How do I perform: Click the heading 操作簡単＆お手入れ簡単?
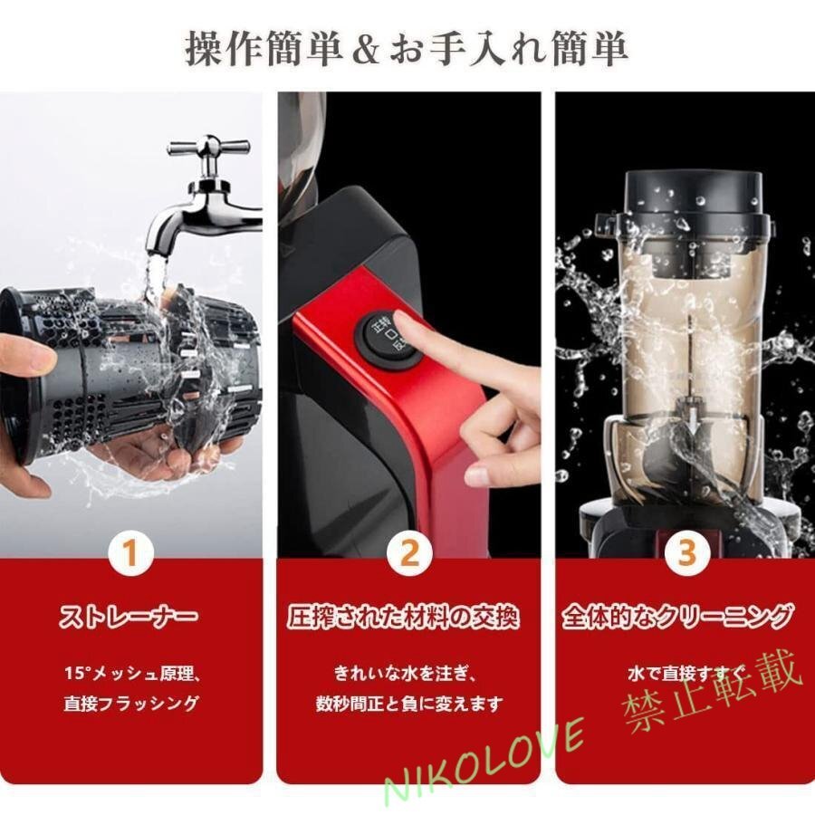[x=407, y=50]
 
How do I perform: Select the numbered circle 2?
[x=409, y=553]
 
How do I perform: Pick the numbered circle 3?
[x=687, y=553]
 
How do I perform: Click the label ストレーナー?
[x=128, y=618]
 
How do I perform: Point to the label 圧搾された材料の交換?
[x=403, y=617]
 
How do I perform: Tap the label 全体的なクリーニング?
[x=678, y=617]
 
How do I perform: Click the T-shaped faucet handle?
[x=209, y=149]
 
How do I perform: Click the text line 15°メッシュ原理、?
[x=132, y=674]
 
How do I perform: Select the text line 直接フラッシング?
[x=131, y=704]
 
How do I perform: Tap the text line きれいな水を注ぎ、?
[x=406, y=674]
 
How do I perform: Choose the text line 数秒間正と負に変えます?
[x=409, y=704]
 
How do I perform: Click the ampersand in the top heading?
[x=367, y=51]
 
